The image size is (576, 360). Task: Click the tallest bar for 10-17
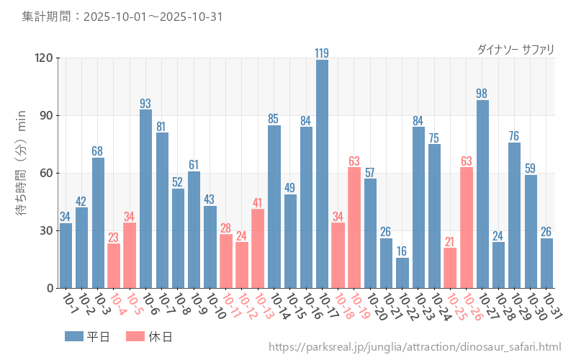pos(322,174)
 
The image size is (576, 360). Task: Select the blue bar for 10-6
pos(145,199)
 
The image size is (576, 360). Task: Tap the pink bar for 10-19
pos(354,228)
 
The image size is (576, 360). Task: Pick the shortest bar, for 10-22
pos(402,273)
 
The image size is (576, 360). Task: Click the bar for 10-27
pos(482,194)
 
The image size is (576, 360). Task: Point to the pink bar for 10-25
pos(450,268)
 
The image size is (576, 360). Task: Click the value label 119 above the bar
pos(322,53)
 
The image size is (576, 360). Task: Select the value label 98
pos(482,93)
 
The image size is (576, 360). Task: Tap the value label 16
pos(402,251)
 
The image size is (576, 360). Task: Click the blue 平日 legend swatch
pos(74,336)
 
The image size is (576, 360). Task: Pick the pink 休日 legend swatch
pos(135,336)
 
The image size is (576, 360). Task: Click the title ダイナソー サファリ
pos(516,49)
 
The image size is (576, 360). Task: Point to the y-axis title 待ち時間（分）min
pos(21,173)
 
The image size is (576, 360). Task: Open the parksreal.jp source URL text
pos(415,347)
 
